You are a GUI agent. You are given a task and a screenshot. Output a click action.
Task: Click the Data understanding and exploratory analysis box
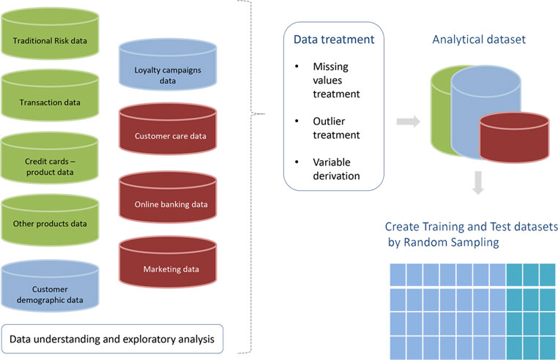coord(112,339)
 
